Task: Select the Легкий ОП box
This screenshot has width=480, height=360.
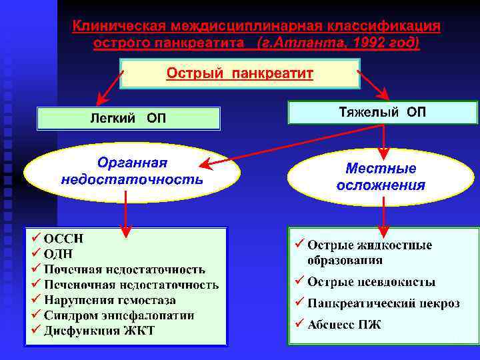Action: click(129, 119)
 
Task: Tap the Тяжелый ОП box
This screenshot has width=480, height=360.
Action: click(383, 112)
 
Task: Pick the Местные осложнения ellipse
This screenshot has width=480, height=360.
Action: click(381, 177)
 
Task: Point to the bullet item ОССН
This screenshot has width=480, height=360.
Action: click(64, 239)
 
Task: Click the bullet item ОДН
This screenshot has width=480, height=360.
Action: click(59, 254)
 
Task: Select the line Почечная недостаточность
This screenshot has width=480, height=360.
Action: click(125, 269)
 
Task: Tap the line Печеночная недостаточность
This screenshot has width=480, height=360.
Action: click(131, 285)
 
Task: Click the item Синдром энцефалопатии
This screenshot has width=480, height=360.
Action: click(119, 315)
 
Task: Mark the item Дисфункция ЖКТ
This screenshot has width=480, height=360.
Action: click(99, 331)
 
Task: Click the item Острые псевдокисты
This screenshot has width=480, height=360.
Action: click(371, 282)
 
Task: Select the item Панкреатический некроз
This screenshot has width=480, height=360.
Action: click(383, 303)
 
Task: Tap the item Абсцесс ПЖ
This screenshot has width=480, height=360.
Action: click(344, 325)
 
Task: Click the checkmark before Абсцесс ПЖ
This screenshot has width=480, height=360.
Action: click(299, 324)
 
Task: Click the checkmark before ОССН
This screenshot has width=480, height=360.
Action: click(35, 238)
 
